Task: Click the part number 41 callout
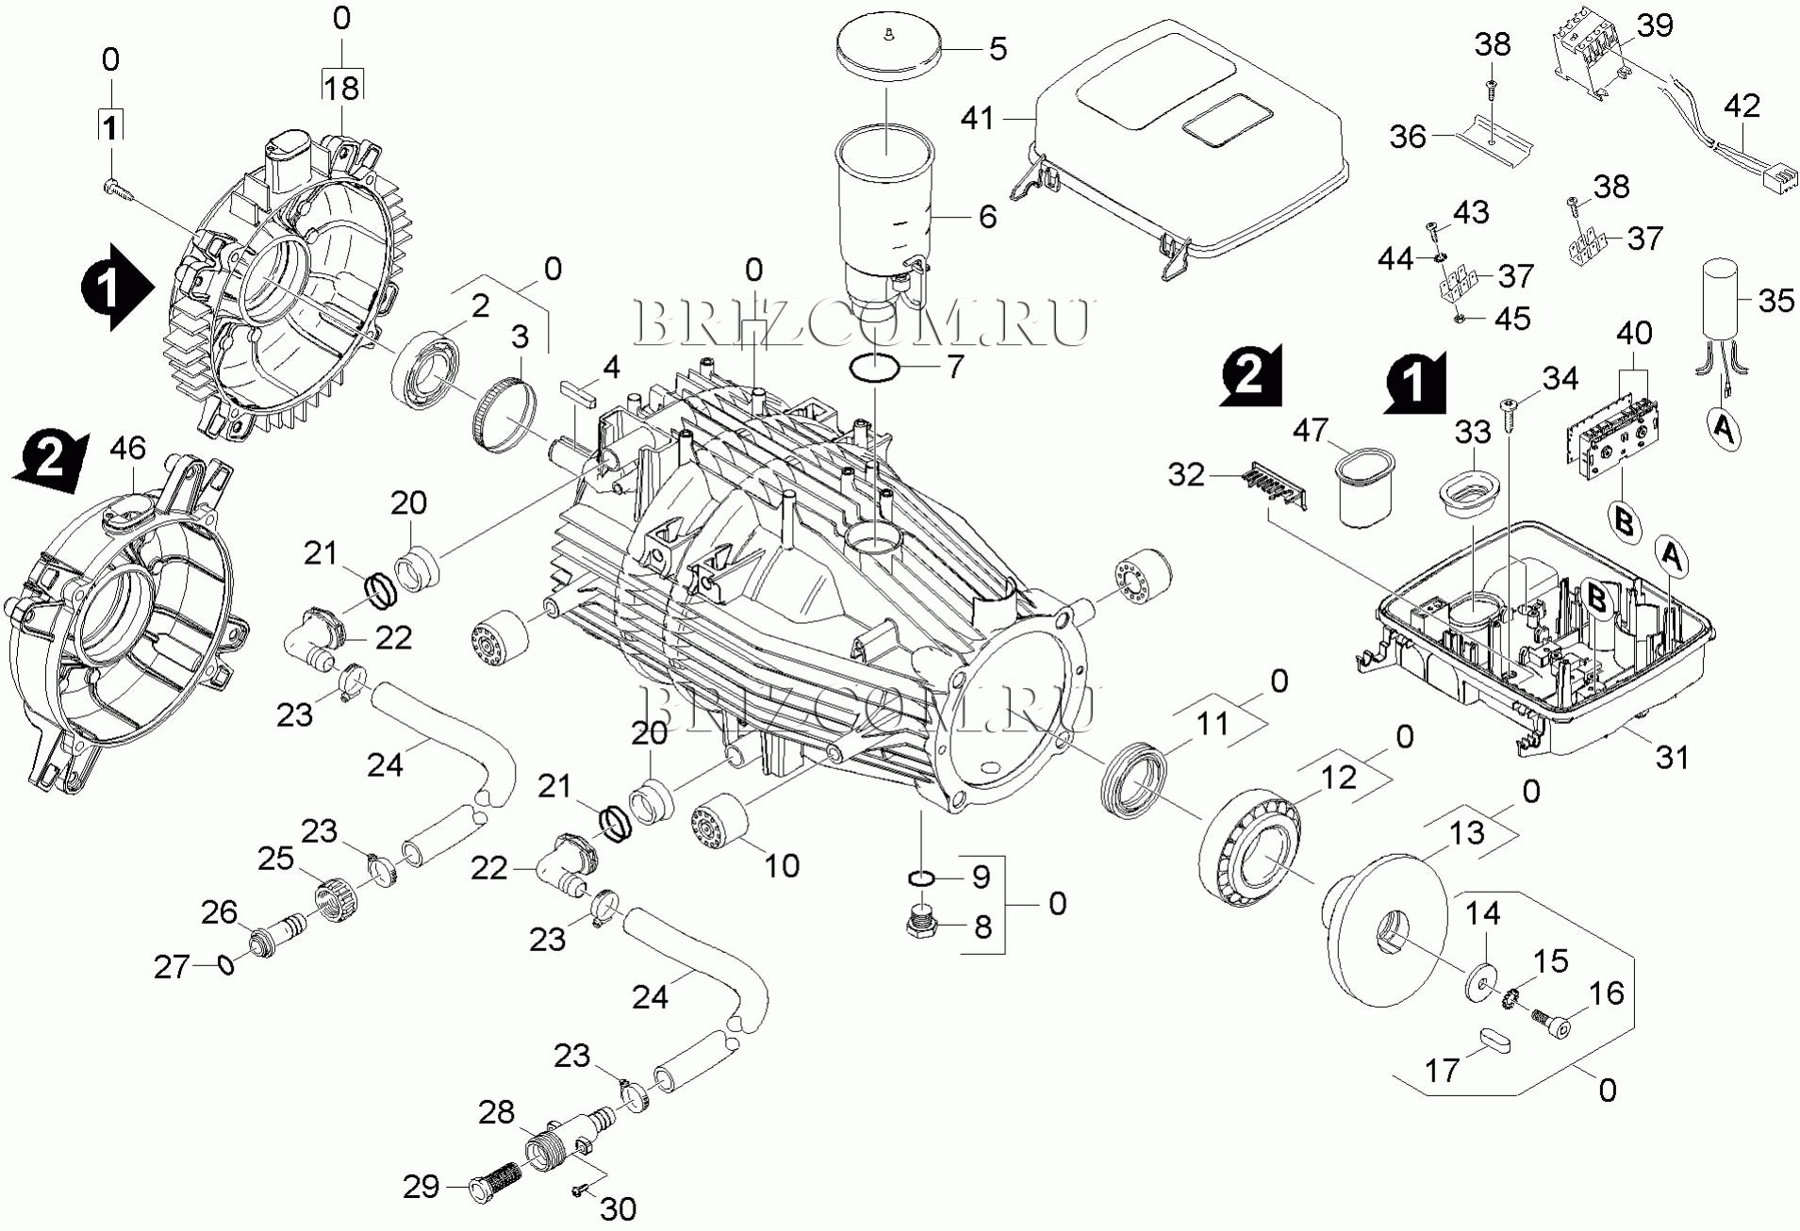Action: [x=978, y=119]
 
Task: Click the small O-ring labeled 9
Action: [x=921, y=879]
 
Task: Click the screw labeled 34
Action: [x=1509, y=407]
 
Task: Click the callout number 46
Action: [x=128, y=449]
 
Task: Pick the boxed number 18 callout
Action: [x=342, y=87]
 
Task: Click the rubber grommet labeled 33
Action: [x=1468, y=493]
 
